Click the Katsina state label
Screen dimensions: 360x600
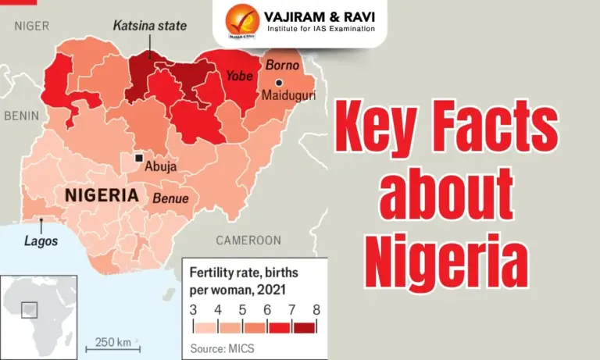tap(150, 26)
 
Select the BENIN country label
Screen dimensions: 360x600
tap(21, 116)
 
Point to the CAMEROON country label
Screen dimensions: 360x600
tap(248, 240)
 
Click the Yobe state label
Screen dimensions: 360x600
tap(240, 76)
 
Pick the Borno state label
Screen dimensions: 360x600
tap(282, 65)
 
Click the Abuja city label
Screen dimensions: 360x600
tap(161, 166)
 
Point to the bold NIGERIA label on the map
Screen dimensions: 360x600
tap(102, 195)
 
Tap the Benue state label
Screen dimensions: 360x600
tap(170, 198)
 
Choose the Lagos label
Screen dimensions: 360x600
tap(41, 241)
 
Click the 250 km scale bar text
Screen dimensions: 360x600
tap(112, 342)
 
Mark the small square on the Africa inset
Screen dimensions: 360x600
tap(29, 309)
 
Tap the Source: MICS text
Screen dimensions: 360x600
tap(223, 348)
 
